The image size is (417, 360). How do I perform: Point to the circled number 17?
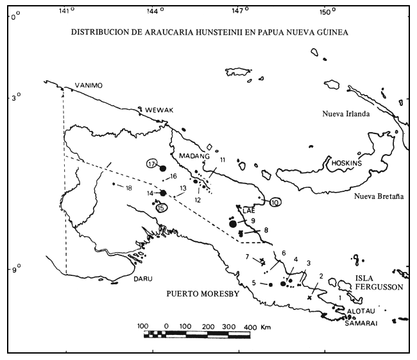[x=152, y=164]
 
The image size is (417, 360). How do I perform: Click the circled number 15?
[x=162, y=207]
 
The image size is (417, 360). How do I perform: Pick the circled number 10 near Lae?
[x=275, y=203]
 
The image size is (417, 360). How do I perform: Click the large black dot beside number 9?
[x=233, y=223]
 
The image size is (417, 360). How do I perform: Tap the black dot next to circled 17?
[x=163, y=168]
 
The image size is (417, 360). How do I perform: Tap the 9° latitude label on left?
[x=16, y=270]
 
